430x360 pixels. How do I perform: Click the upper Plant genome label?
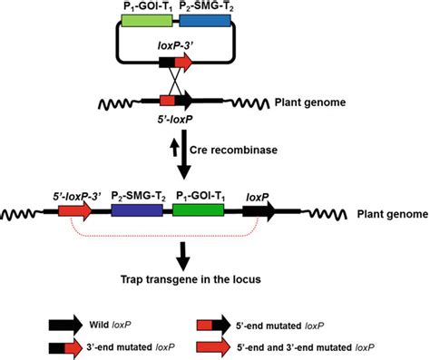[309, 102]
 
